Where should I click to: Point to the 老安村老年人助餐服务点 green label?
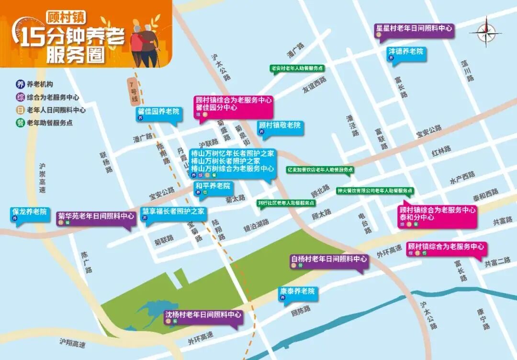297,68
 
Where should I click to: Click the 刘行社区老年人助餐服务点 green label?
286,202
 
